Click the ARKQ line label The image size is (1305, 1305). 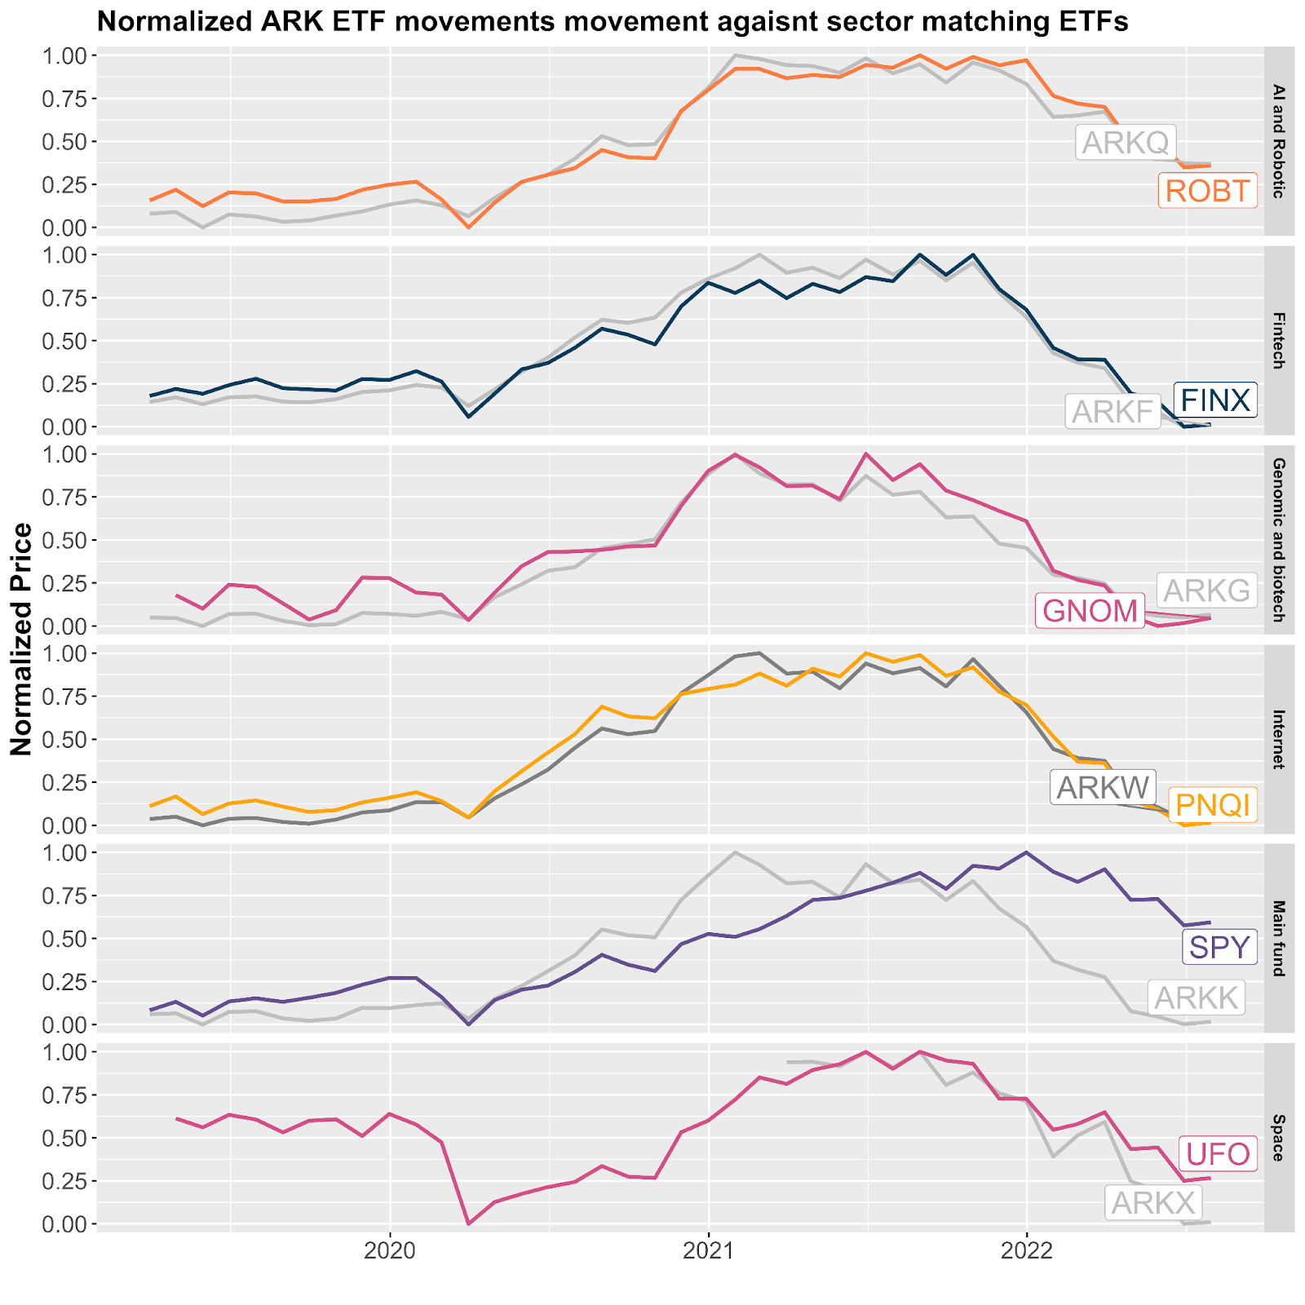(1125, 143)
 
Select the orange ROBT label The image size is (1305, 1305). (1207, 191)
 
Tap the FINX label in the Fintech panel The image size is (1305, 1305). (1215, 400)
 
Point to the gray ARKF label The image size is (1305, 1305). (1113, 413)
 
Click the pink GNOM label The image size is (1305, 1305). (1090, 611)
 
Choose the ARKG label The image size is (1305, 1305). (1207, 590)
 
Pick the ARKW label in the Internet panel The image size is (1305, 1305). (1103, 788)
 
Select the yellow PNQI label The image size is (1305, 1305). (1213, 806)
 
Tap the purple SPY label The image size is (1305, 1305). (1219, 948)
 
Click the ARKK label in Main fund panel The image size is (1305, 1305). (1197, 998)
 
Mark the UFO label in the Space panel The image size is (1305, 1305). (1218, 1155)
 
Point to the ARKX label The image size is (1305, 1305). (1153, 1203)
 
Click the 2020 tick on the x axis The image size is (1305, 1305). (391, 1250)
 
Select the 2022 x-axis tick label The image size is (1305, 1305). (1027, 1250)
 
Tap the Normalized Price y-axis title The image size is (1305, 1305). (22, 639)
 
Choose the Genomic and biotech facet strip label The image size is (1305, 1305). (1278, 540)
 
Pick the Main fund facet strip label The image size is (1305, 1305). (1278, 938)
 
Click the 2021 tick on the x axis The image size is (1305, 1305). (709, 1250)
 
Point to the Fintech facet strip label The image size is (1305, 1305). (1278, 340)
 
